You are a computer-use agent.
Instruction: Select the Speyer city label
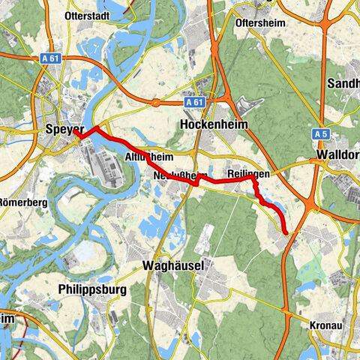coord(63,129)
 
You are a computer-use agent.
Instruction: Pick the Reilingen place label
coord(247,173)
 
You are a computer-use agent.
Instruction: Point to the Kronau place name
coord(327,325)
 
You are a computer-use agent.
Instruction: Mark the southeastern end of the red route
coord(286,233)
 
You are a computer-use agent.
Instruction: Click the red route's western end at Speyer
coord(77,136)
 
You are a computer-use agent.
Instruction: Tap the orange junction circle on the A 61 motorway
coord(155,102)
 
